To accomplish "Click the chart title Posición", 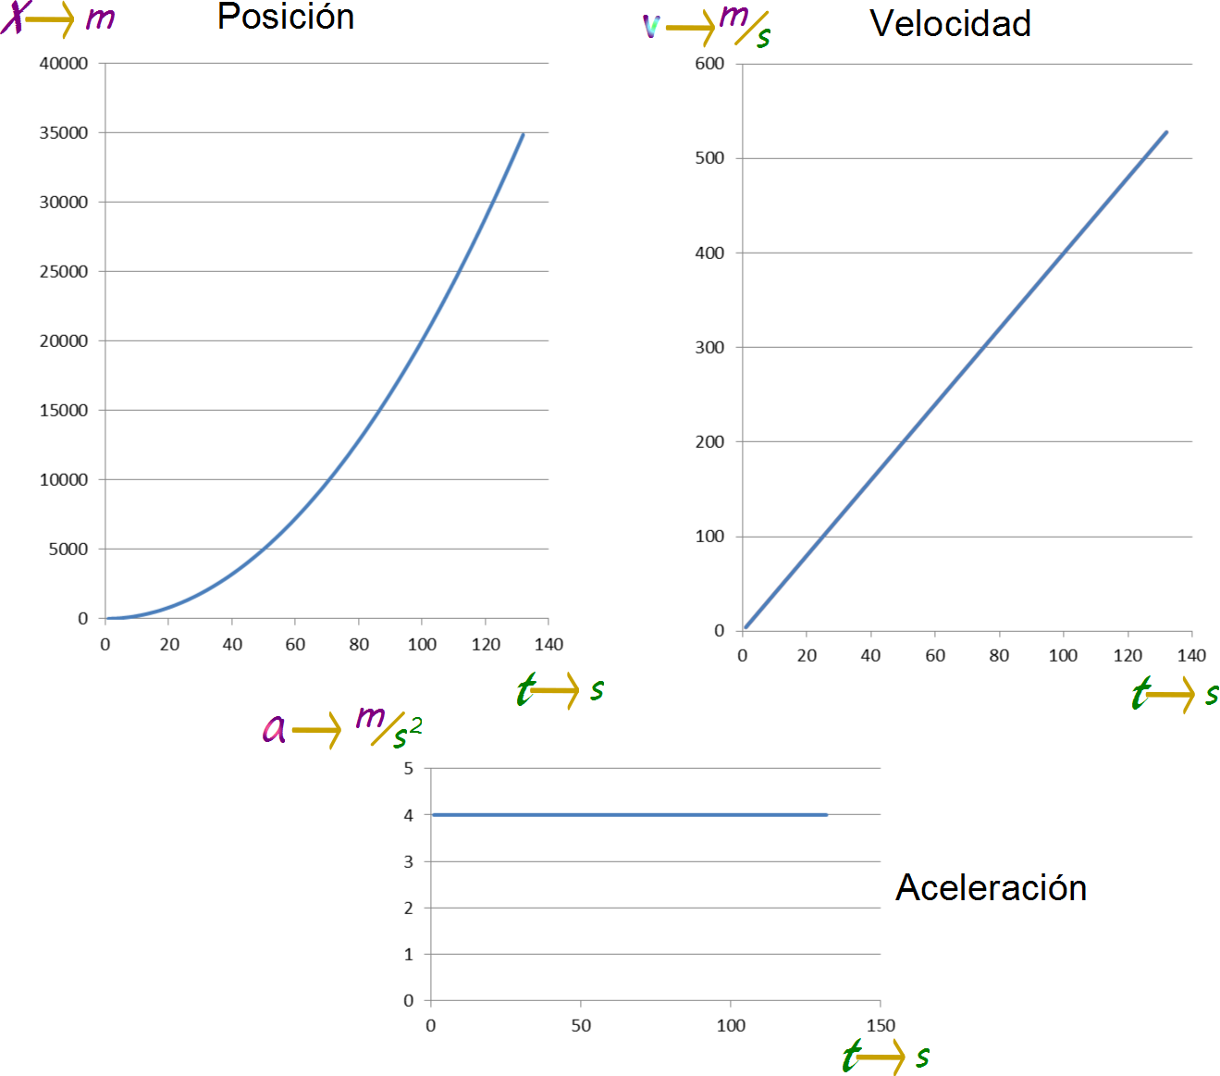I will (x=286, y=17).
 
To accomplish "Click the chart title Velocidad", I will (x=950, y=24).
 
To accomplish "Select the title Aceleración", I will (x=991, y=887).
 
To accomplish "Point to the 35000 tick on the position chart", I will (x=64, y=132).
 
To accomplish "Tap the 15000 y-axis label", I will (x=64, y=410).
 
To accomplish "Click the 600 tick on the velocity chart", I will (x=709, y=64).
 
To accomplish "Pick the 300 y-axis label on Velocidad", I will (x=709, y=347).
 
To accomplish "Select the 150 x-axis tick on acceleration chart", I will (x=881, y=1025).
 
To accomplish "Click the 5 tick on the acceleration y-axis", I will (x=408, y=768).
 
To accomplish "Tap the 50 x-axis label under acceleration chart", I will (x=581, y=1025).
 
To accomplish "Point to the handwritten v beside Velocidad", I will (x=651, y=26).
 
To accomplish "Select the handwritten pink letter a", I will (x=274, y=729).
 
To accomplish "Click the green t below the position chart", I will (x=525, y=690).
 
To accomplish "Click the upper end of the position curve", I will (x=524, y=134).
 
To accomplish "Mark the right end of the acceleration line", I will (x=826, y=815).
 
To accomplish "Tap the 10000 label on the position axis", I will (x=64, y=479).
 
